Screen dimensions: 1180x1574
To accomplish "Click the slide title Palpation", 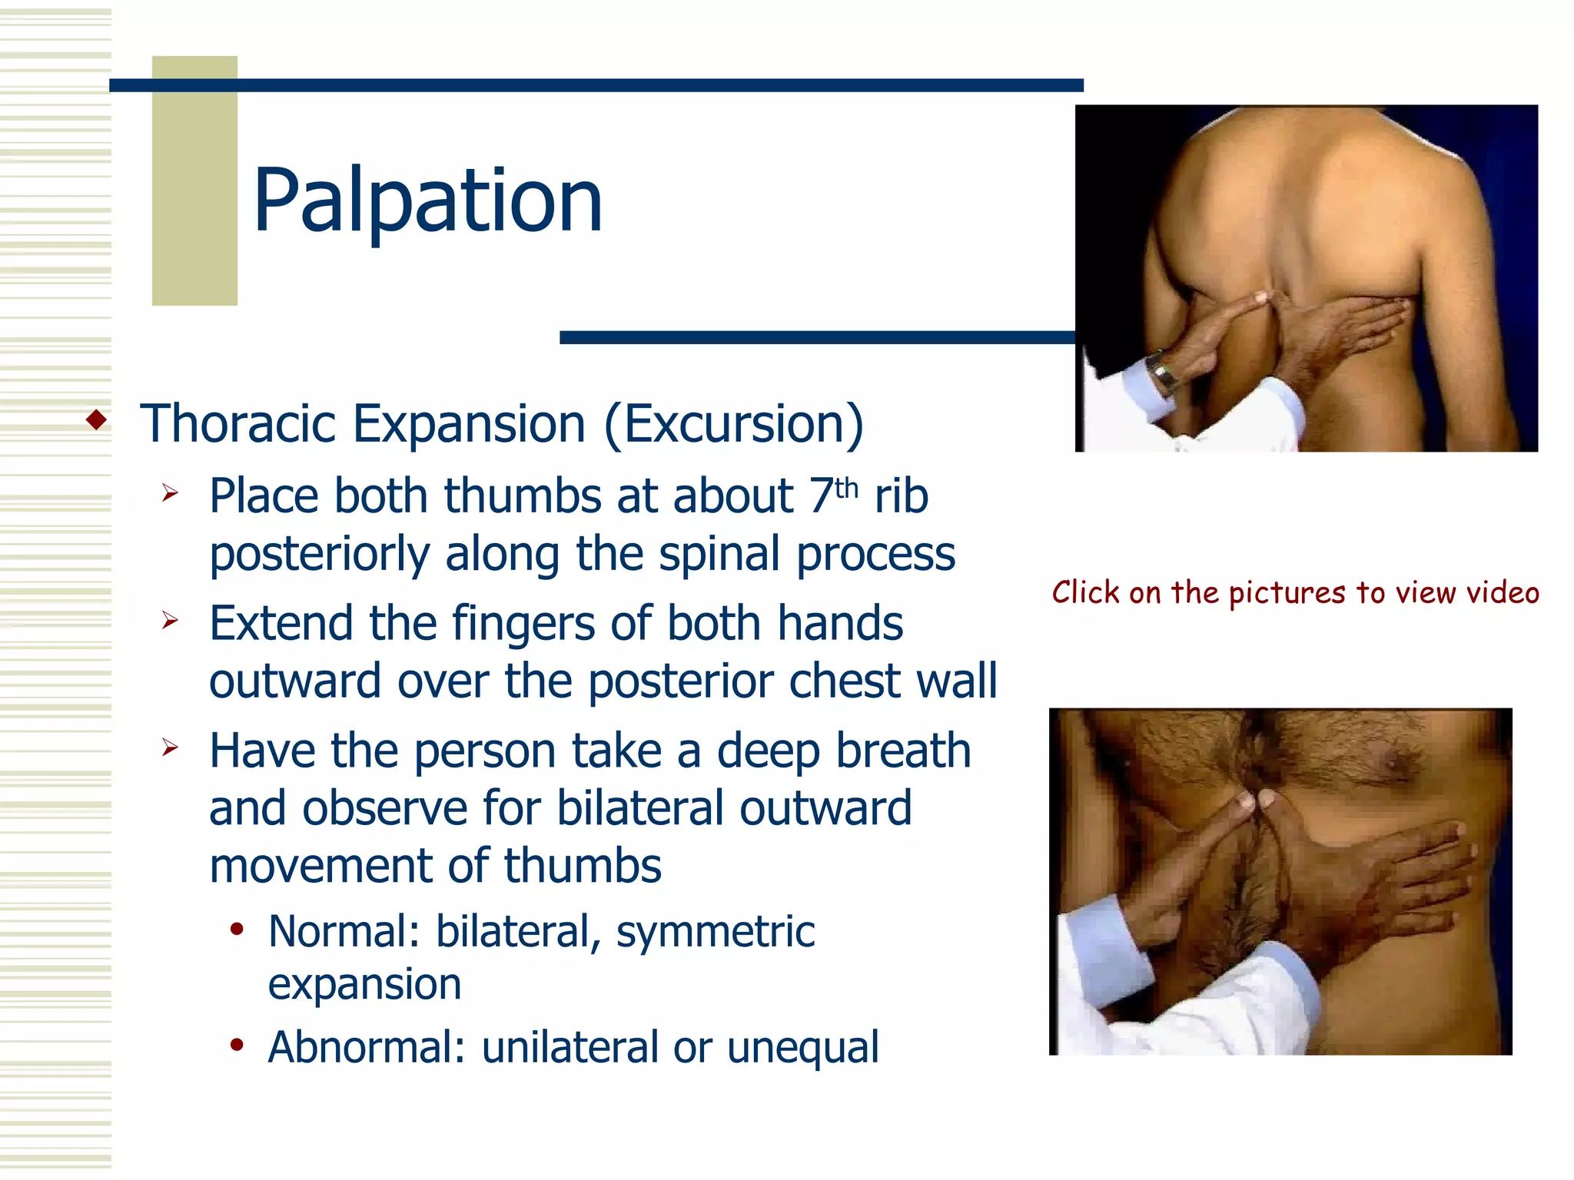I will tap(427, 201).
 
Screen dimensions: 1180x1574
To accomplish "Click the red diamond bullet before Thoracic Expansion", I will tap(97, 420).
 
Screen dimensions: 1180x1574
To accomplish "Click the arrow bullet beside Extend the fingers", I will tap(170, 620).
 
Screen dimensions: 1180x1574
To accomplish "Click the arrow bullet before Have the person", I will tap(170, 747).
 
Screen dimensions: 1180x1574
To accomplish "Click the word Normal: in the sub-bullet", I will tap(344, 932).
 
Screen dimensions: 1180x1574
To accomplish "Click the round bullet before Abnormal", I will tap(237, 1045).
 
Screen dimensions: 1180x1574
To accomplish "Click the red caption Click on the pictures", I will tap(1295, 593).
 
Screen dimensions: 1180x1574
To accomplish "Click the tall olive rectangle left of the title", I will tap(194, 181).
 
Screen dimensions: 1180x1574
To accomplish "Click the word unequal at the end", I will tap(802, 1047).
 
